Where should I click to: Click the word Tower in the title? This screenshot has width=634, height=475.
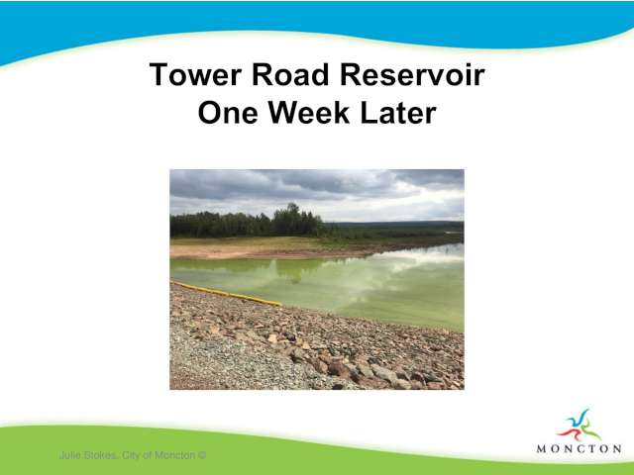click(x=195, y=75)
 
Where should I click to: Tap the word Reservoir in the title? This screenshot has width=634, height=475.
click(x=412, y=75)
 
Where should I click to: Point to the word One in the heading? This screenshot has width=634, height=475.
click(x=228, y=113)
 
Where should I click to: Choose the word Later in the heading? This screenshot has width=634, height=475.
click(x=398, y=113)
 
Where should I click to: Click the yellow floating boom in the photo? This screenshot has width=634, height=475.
click(x=227, y=294)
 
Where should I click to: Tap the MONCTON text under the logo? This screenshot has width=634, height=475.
click(x=579, y=448)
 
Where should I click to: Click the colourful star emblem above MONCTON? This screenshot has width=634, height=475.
click(x=579, y=426)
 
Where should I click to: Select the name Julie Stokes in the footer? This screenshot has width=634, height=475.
click(x=88, y=455)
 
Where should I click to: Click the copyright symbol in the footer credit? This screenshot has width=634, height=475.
click(x=202, y=455)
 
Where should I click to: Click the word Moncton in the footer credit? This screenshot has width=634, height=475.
click(x=175, y=455)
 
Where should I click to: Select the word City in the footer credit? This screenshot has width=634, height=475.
click(x=130, y=455)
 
